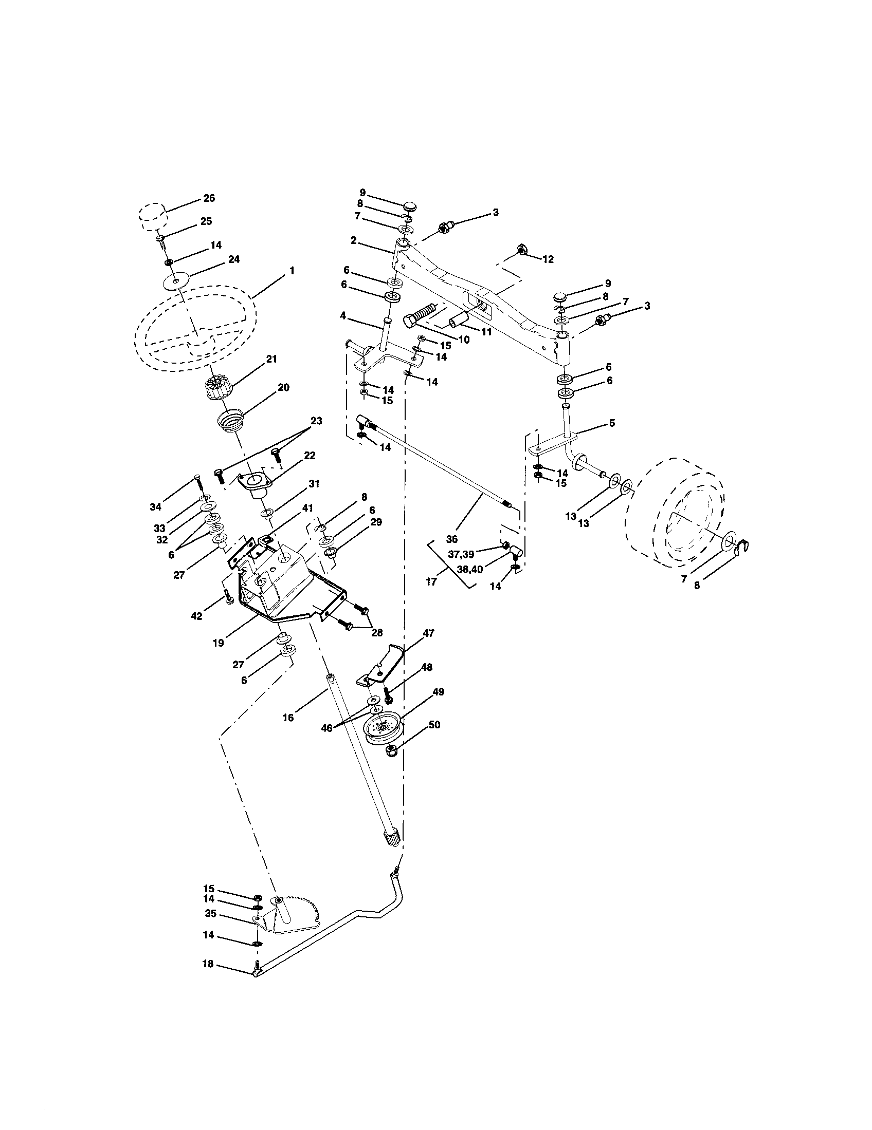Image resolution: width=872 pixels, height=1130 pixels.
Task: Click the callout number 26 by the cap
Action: pyautogui.click(x=209, y=198)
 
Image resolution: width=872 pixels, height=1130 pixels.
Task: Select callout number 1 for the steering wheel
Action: pyautogui.click(x=292, y=270)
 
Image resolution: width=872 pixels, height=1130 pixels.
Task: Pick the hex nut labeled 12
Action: pyautogui.click(x=522, y=251)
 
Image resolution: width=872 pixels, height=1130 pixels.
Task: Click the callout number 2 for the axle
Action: pyautogui.click(x=353, y=240)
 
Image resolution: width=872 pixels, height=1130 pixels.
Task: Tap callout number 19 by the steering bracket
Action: pyautogui.click(x=218, y=643)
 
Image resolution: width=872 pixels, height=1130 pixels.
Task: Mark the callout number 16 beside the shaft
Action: pyautogui.click(x=288, y=717)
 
